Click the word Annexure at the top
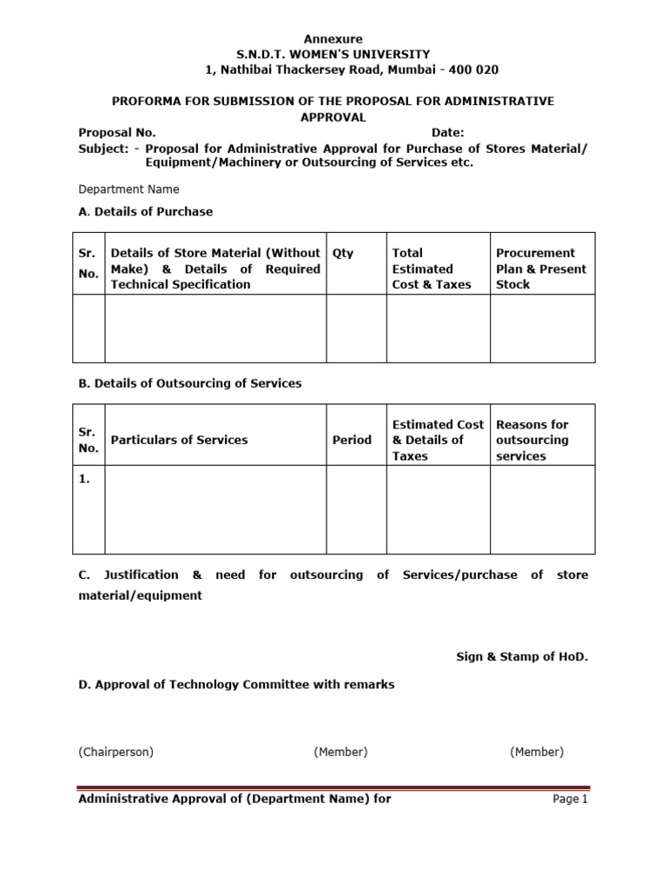point(333,39)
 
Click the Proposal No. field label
point(117,132)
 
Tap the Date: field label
point(448,132)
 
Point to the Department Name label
point(129,189)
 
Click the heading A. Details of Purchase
point(145,211)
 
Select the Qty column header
point(343,253)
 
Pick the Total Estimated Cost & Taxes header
point(432,269)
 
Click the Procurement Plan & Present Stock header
point(540,269)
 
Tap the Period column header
point(352,440)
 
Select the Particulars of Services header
point(179,440)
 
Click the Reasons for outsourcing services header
point(532,440)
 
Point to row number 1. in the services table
point(85,478)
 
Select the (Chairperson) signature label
point(116,752)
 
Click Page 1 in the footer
point(571,800)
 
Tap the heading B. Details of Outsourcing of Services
point(190,383)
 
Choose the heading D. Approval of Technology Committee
point(236,684)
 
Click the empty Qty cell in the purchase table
point(356,329)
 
